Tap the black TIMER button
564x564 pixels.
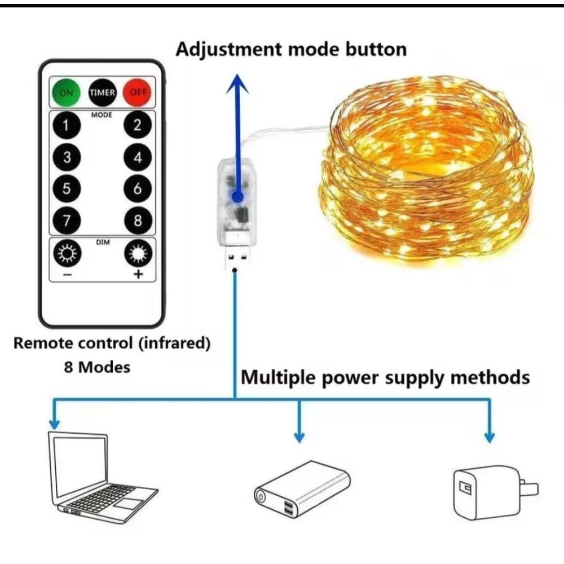[x=102, y=92]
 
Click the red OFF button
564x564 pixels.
[x=137, y=92]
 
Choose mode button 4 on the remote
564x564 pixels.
[x=138, y=157]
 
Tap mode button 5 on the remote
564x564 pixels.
[x=67, y=189]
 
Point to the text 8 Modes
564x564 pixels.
[x=96, y=367]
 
